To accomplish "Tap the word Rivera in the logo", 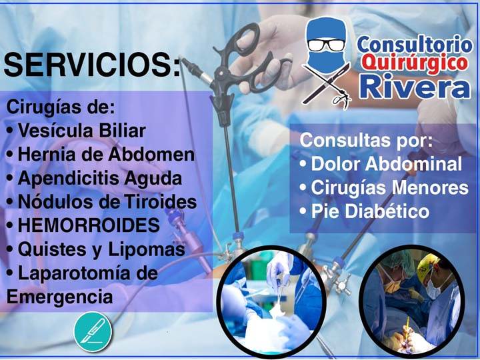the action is [x=415, y=86].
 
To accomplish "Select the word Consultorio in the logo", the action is [x=415, y=45].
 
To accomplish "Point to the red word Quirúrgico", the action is [x=415, y=63].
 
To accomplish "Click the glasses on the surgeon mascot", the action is [x=326, y=45].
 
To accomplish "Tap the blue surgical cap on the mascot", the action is [x=326, y=28].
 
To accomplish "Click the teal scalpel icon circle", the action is [x=93, y=331].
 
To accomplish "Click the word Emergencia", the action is [x=60, y=297].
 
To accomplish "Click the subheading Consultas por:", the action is [x=366, y=141].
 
